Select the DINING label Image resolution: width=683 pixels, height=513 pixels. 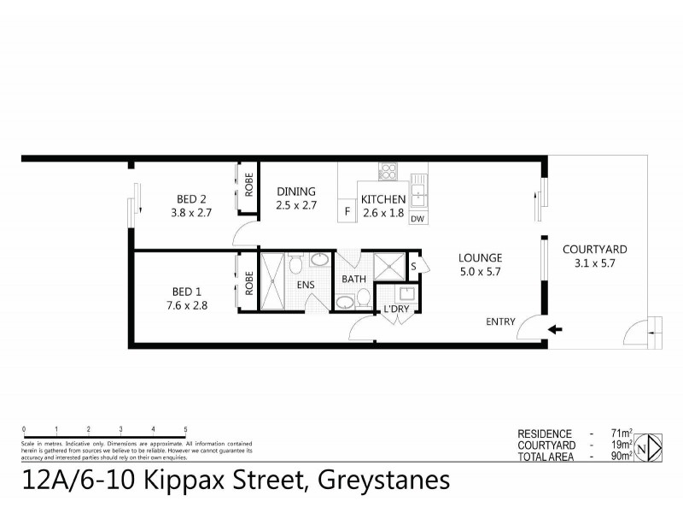(x=295, y=192)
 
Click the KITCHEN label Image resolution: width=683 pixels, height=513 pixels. (x=383, y=199)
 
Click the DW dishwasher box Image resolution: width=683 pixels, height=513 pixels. (x=417, y=219)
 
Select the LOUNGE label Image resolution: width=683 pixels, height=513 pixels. (x=480, y=257)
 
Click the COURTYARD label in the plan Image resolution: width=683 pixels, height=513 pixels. (x=595, y=250)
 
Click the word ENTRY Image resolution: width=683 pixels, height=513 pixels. (x=500, y=321)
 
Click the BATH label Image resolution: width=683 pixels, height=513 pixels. (x=353, y=279)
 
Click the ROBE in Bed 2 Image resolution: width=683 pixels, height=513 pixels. (x=249, y=186)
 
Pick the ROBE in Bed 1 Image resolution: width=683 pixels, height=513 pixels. (x=249, y=283)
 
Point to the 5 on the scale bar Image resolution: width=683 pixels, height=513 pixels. (x=185, y=429)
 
